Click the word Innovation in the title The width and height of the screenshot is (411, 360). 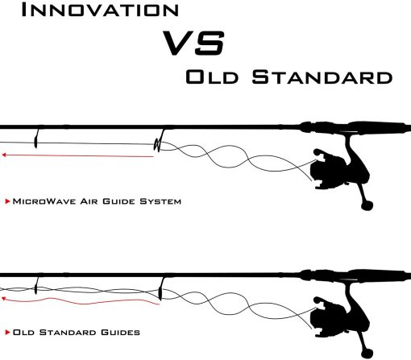[x=100, y=10]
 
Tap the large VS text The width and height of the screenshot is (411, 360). [x=193, y=43]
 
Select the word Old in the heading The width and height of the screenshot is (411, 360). [x=212, y=77]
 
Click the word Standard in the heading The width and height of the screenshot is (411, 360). [x=322, y=77]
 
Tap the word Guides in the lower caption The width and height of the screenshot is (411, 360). [x=120, y=333]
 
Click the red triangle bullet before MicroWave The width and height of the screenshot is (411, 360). [x=7, y=201]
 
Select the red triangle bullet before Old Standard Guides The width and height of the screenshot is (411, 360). [x=7, y=333]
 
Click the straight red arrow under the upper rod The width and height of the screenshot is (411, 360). [x=77, y=155]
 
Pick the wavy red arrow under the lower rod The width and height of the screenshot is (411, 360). [x=81, y=301]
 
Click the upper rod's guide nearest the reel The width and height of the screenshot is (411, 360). [x=159, y=141]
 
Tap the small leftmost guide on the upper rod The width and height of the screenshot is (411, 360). [x=36, y=139]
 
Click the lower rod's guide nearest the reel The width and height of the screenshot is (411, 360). [x=160, y=289]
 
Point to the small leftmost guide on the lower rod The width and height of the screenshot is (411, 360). [x=36, y=286]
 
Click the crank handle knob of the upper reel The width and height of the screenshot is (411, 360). [x=367, y=206]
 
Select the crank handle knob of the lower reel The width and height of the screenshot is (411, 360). [x=367, y=354]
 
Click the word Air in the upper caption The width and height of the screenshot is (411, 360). [x=89, y=201]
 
